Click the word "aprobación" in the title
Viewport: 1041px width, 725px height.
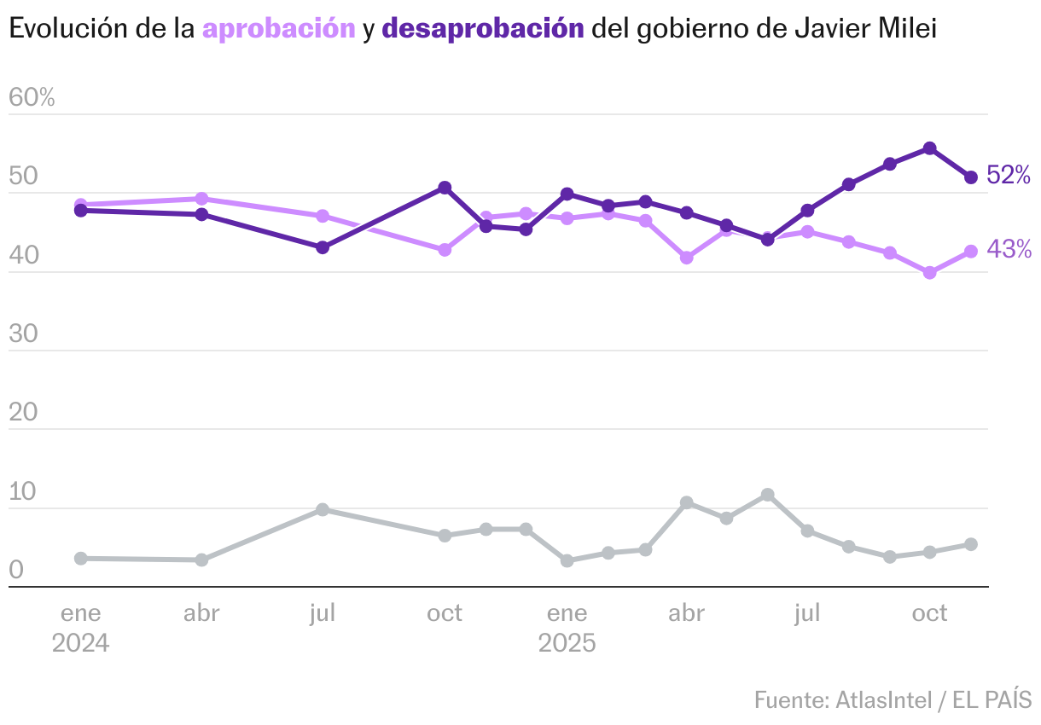[278, 29]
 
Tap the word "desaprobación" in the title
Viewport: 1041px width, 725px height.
[483, 29]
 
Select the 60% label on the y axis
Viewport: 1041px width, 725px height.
[32, 97]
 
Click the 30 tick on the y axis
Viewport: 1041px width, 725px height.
[24, 334]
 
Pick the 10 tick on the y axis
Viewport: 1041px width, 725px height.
[23, 492]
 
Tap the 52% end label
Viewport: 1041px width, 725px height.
[1009, 176]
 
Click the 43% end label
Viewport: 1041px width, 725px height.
[1009, 249]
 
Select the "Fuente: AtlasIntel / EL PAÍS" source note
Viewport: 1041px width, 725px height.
[893, 700]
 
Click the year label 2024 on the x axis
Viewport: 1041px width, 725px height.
[80, 642]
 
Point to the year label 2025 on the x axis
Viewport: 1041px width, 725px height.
[567, 642]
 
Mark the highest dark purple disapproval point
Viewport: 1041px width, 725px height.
[930, 148]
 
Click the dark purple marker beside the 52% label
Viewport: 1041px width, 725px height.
[971, 177]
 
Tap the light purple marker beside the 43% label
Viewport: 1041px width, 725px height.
[971, 252]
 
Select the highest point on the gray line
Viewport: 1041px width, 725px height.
[767, 495]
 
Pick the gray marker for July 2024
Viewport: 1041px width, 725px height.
[323, 509]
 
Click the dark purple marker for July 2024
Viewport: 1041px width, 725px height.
[323, 247]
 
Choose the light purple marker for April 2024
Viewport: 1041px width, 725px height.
[201, 199]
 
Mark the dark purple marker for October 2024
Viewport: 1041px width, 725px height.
[445, 188]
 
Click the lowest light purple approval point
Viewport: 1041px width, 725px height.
[930, 273]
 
